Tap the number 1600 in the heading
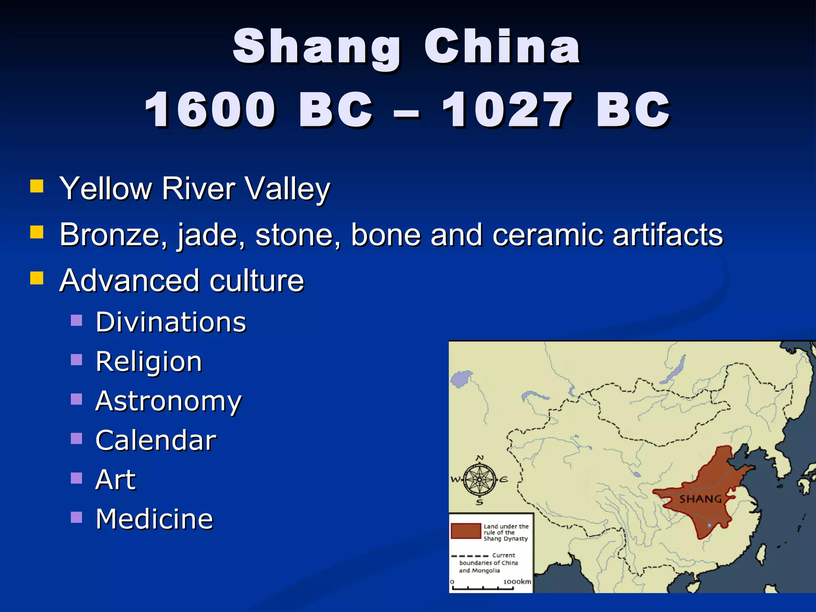pos(210,110)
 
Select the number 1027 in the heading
pos(507,110)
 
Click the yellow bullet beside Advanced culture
pos(37,278)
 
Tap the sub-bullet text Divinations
pos(171,322)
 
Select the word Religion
pos(149,362)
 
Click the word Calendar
pos(156,440)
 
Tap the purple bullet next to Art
pos(76,478)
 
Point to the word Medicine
pos(155,519)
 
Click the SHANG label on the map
pos(700,499)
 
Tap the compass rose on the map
pos(480,479)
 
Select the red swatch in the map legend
pos(466,531)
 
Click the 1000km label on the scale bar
pos(517,582)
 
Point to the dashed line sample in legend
pos(470,556)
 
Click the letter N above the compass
pos(480,458)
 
